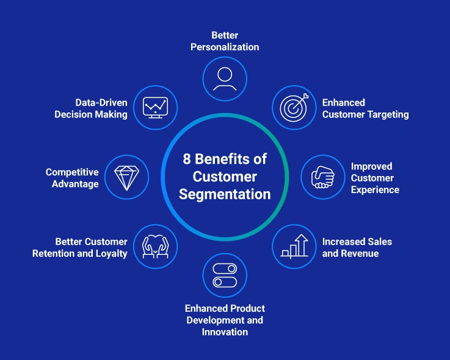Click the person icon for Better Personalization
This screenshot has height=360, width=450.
click(225, 79)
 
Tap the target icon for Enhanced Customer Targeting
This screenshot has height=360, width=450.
click(293, 108)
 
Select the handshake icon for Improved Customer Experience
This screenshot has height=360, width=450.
click(323, 177)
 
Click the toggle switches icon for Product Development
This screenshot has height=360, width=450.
click(225, 275)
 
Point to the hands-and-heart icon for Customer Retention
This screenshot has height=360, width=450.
click(155, 246)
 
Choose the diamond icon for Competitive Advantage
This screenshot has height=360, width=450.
click(127, 177)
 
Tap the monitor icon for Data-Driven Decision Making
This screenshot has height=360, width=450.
click(155, 108)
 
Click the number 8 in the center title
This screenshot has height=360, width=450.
click(187, 160)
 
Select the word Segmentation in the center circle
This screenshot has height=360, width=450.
click(225, 195)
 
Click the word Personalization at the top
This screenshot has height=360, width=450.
click(225, 47)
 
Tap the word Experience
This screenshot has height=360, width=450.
click(375, 189)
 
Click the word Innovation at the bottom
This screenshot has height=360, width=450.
click(225, 332)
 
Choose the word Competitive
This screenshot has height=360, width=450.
click(72, 172)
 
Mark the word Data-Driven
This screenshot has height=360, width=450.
click(101, 102)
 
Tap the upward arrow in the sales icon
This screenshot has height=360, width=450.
click(301, 242)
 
